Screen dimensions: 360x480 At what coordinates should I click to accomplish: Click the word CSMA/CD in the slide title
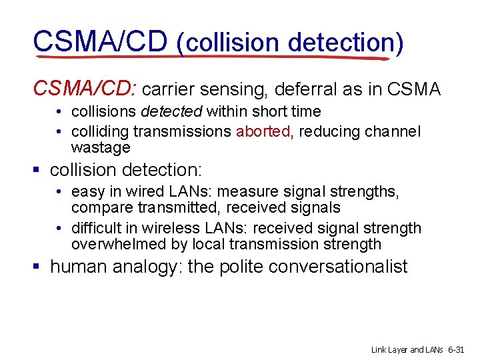(100, 41)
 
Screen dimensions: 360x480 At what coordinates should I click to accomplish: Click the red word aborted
(263, 131)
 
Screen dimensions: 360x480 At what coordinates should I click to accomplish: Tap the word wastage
(101, 147)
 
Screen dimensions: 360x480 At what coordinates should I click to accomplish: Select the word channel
(393, 131)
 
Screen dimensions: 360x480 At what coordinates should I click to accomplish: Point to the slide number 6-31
(460, 349)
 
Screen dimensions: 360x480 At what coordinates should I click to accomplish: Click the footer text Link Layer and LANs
(407, 349)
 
